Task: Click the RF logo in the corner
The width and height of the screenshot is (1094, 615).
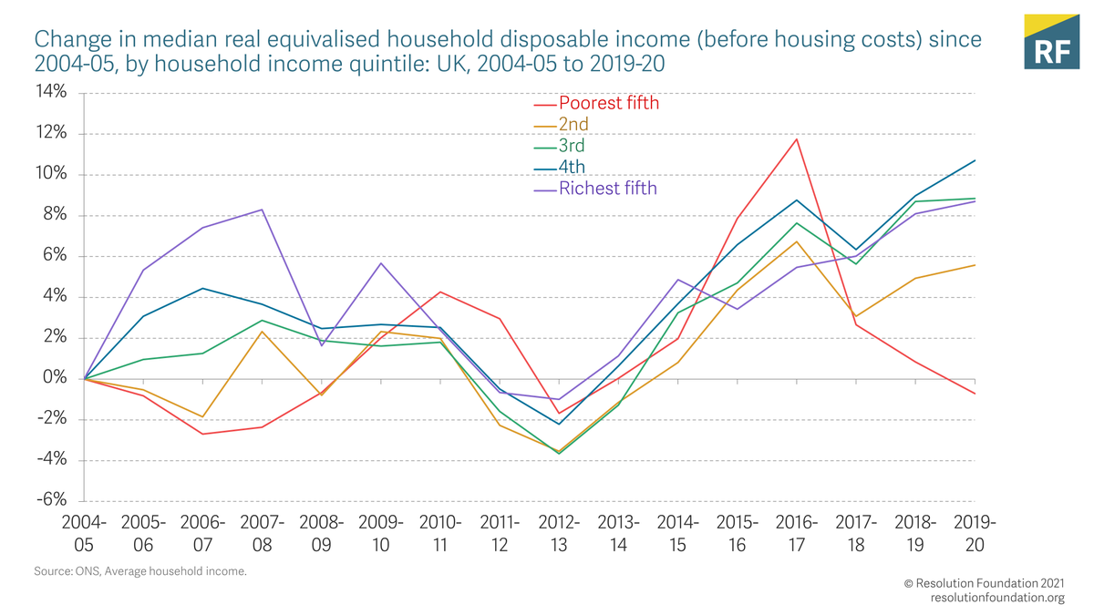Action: coord(1051,42)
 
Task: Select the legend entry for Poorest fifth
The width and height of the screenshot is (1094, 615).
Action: coord(608,103)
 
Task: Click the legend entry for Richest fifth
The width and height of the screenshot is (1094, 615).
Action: coord(607,189)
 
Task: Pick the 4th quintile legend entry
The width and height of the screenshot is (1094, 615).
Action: coord(572,167)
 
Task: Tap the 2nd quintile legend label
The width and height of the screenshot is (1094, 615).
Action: coord(573,124)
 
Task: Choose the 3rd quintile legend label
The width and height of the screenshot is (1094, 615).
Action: coord(572,146)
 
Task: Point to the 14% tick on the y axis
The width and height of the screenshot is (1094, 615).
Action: coord(51,92)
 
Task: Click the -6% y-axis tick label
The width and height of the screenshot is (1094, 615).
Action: coord(51,500)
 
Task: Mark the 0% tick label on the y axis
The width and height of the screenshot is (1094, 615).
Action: coord(55,378)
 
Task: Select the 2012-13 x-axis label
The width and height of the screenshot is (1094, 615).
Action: coord(559,534)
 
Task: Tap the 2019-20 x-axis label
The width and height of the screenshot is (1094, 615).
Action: coord(975,534)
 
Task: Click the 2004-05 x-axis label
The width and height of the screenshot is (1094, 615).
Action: coord(84,534)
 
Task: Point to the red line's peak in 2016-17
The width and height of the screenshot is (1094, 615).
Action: coord(797,139)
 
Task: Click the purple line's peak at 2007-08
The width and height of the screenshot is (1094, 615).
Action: coord(263,210)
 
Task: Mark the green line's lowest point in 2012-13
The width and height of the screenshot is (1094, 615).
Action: coord(559,453)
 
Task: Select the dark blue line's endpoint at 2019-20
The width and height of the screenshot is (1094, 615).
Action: coord(975,160)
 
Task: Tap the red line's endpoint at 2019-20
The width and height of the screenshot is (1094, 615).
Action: coord(975,394)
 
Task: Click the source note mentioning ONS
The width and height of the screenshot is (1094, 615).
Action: coord(139,571)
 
